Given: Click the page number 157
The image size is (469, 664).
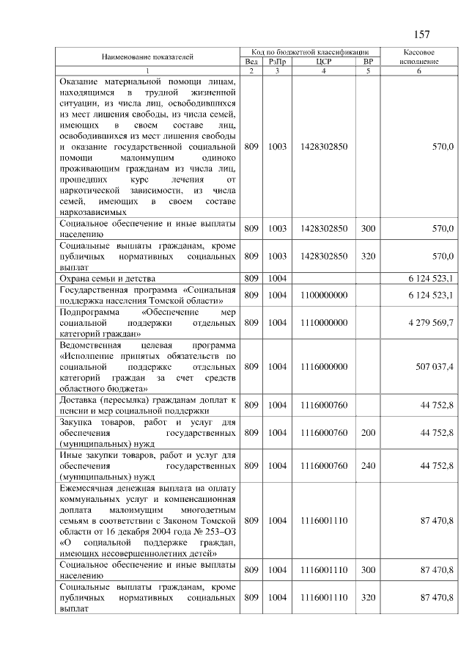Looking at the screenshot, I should point(421,34).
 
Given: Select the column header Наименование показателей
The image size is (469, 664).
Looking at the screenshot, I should point(147,56).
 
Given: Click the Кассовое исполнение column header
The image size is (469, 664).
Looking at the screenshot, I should point(420,56).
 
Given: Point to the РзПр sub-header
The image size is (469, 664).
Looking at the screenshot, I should point(277,62).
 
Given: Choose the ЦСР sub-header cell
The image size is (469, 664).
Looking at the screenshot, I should point(324,62).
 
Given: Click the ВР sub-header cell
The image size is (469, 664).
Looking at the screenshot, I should point(368,62).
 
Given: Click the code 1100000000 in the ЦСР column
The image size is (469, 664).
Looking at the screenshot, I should point(324,294).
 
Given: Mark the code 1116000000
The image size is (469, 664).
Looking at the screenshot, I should point(324,366).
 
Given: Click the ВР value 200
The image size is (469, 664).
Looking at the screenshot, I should point(368,433).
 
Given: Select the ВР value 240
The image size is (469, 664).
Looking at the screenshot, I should point(368,465).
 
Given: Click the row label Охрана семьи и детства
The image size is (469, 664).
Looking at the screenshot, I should point(108,278).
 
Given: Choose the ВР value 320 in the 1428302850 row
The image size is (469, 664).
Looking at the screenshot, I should point(368,256).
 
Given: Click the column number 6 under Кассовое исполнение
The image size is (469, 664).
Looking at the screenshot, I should point(419,70).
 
